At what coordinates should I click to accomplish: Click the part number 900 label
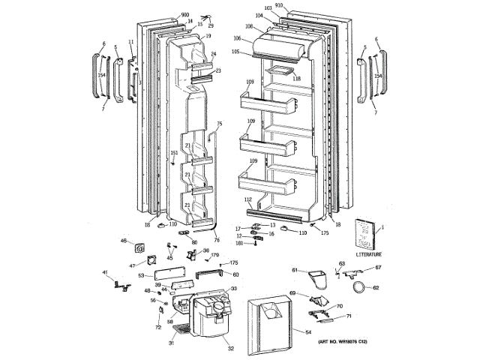(185, 15)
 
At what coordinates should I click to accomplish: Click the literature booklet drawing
(367, 234)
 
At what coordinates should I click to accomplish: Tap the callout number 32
(230, 349)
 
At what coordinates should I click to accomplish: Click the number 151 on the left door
(173, 153)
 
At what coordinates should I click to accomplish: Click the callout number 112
(248, 199)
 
